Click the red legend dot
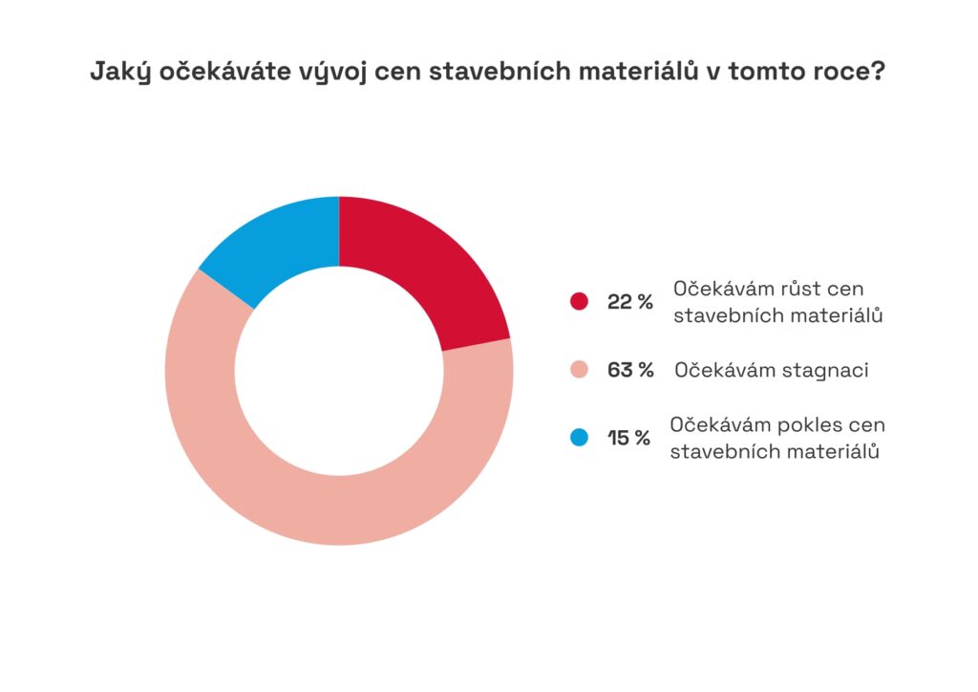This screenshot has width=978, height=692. [579, 301]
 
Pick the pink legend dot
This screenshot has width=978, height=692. [579, 370]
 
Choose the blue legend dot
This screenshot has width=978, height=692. [579, 438]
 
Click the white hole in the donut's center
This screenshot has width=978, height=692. [339, 371]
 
